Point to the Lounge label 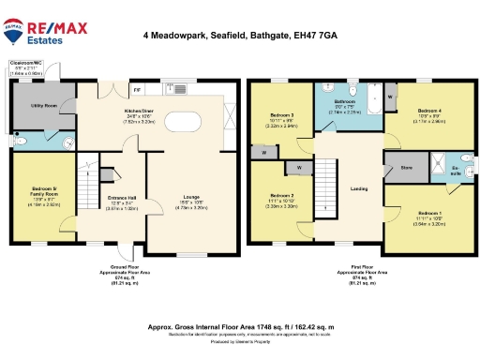[x=190, y=197]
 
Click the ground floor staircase [x=88, y=192]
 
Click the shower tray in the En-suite [x=466, y=158]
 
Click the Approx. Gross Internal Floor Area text [x=241, y=327]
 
